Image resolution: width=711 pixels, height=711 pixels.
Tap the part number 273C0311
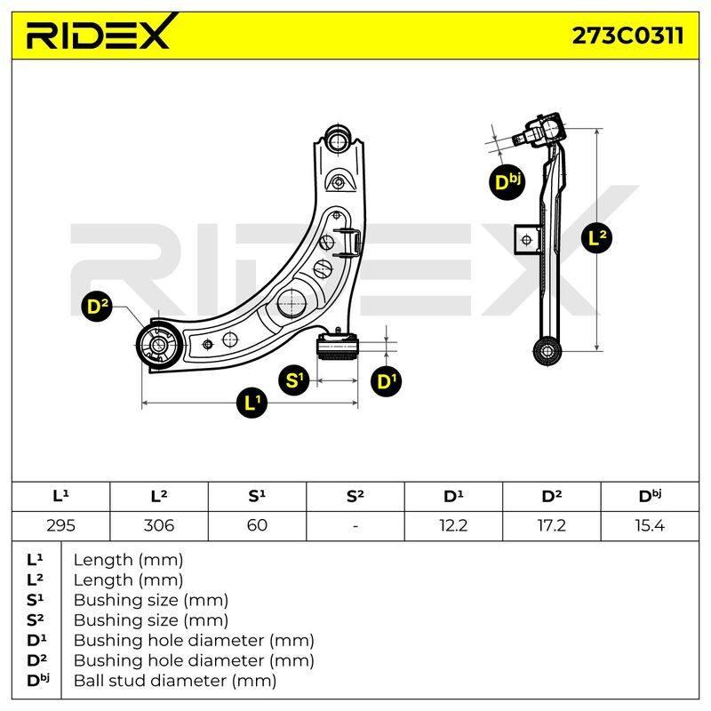pos(627,36)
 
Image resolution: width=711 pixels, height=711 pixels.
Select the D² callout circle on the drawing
pos(97,307)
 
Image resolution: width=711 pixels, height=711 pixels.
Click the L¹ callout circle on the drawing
pos(252,403)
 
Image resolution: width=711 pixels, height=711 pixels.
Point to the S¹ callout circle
pos(294,379)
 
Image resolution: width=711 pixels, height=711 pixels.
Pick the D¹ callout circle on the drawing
pos(386,381)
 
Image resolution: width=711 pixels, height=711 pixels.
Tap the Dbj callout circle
pos(507,182)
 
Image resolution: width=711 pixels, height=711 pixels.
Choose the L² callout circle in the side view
pos(596,237)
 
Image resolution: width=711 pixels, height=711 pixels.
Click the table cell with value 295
pos(60,525)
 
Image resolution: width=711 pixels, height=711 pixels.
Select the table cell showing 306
pos(159,525)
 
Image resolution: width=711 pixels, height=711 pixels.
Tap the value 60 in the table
pos(257,525)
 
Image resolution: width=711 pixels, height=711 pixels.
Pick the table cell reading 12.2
pos(453,525)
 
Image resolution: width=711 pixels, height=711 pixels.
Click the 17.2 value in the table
pos(551,525)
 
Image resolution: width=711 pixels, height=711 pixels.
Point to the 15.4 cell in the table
pos(650,525)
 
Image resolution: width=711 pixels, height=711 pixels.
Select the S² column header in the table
pos(355,496)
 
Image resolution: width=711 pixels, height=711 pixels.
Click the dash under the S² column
pos(355,526)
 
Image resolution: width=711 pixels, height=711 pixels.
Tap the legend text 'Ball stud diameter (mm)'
pos(175,681)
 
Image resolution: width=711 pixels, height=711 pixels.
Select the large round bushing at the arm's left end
pos(159,344)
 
